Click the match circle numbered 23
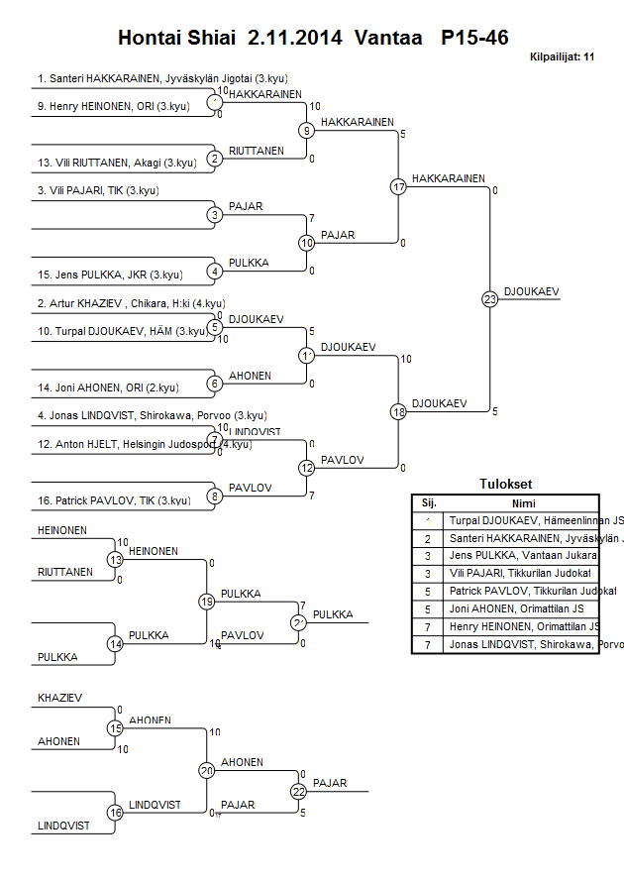click(x=489, y=298)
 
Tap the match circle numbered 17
click(x=399, y=186)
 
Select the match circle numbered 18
click(x=399, y=411)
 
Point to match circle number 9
click(x=307, y=130)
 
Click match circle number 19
click(x=207, y=602)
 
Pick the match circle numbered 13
click(x=115, y=560)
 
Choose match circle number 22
click(x=299, y=791)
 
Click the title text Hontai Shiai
click(x=177, y=39)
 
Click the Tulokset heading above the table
click(x=505, y=485)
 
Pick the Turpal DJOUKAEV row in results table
click(x=535, y=520)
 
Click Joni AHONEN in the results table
click(x=525, y=608)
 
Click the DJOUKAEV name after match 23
click(x=532, y=291)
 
